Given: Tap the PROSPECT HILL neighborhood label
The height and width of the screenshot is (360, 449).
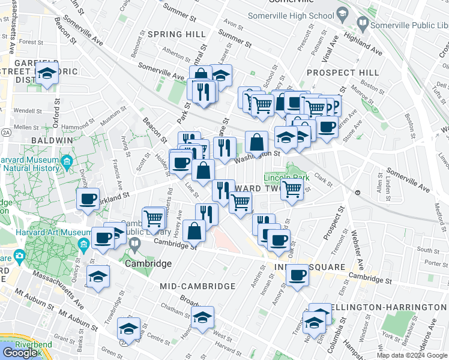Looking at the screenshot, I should [342, 73].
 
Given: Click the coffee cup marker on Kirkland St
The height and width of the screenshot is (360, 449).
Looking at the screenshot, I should [88, 198].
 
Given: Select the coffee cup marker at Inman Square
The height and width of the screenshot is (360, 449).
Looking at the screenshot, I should [297, 275].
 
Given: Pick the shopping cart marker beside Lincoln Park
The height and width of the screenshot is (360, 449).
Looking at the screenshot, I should [292, 189].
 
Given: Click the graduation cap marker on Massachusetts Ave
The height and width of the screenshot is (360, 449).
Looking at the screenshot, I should [98, 277].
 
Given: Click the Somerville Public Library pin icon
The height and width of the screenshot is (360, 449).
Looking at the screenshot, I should [363, 25].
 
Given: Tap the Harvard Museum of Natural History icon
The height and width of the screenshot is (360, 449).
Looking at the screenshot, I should [66, 161].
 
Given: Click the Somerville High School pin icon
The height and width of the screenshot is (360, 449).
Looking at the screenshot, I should [342, 13].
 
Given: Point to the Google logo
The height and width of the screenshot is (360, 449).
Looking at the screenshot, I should [20, 353].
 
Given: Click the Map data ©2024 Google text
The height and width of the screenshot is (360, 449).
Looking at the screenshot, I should [412, 355].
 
